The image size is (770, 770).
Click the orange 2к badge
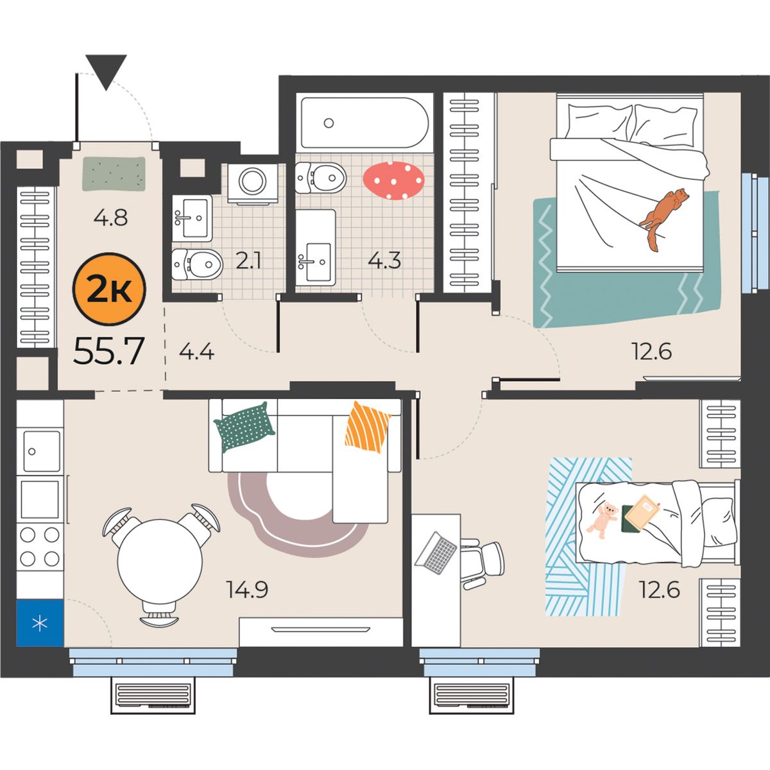(x=109, y=289)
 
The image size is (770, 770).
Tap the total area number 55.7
(x=108, y=352)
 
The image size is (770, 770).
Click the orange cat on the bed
(x=663, y=220)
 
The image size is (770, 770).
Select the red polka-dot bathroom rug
(x=393, y=180)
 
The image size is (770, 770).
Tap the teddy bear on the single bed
(x=603, y=520)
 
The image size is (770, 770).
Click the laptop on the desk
(x=436, y=552)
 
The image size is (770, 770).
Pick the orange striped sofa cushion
(x=367, y=427)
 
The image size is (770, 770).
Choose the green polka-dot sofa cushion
(x=244, y=427)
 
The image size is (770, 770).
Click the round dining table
(x=160, y=562)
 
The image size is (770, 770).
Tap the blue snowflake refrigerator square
(x=40, y=623)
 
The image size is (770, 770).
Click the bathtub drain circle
(x=329, y=123)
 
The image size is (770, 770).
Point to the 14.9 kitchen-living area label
(x=247, y=590)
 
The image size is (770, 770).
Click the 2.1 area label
(x=248, y=261)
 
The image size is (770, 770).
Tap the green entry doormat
(x=114, y=174)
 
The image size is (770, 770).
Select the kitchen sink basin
(x=42, y=451)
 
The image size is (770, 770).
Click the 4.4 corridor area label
(x=196, y=352)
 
